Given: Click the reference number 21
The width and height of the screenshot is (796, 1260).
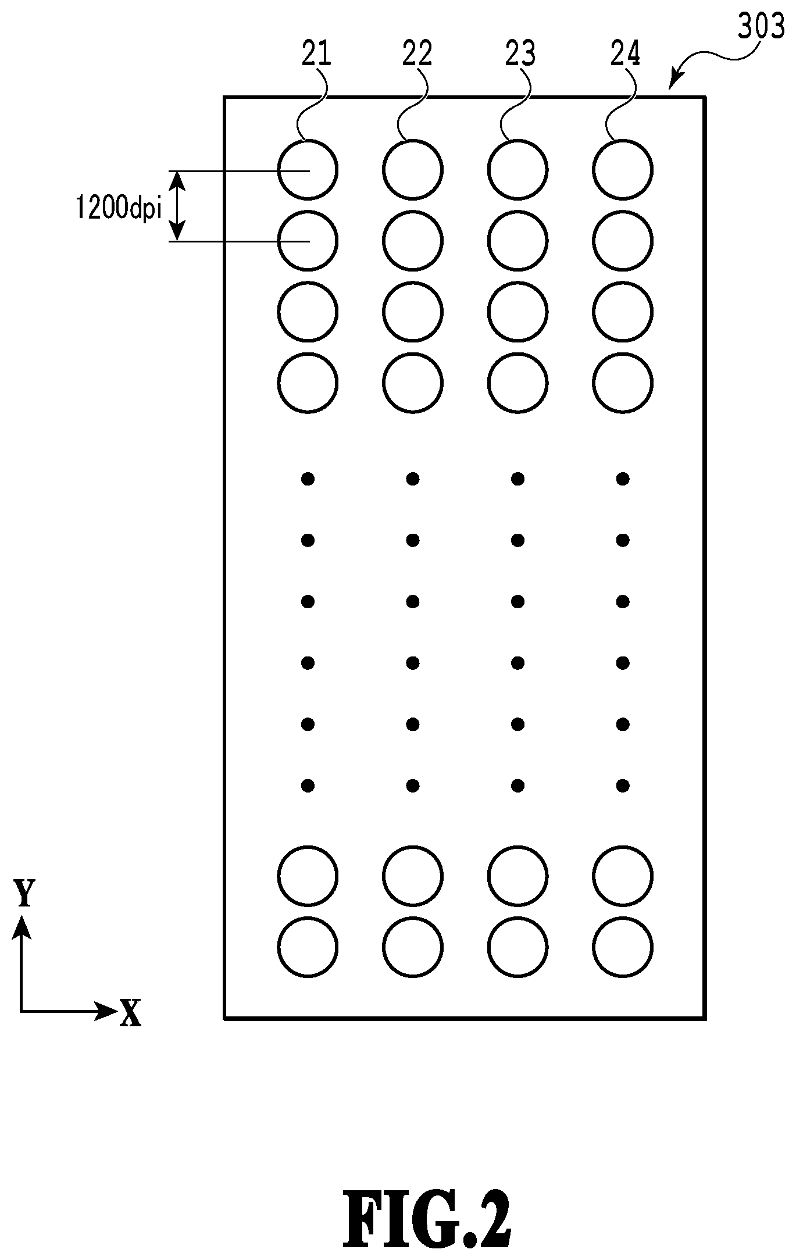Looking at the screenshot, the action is coord(316,54).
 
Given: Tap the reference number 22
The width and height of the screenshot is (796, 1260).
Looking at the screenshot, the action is coord(417,54).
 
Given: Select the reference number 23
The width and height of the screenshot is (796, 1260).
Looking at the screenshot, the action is coord(520,54).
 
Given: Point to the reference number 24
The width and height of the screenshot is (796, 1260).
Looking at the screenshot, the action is coord(625,54).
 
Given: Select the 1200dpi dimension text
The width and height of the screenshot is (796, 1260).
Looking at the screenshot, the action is coord(118,207).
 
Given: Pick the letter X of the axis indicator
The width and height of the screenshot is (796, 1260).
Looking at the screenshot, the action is coord(130,1013).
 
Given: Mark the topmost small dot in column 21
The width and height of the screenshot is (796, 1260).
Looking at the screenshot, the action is coord(308,479).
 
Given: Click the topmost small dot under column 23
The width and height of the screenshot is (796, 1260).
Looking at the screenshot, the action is coord(517,479).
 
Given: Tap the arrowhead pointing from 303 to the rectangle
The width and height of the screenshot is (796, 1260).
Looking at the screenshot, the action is coord(674,81).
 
